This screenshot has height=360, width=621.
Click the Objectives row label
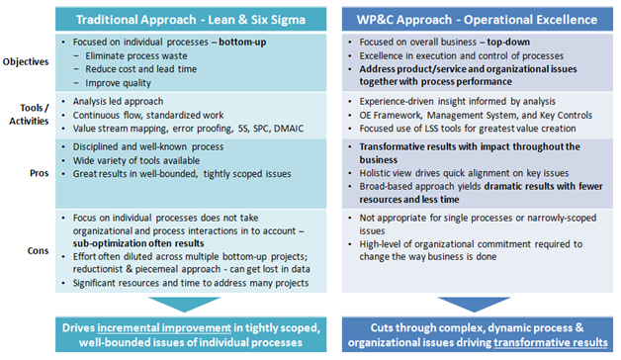tap(29, 62)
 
